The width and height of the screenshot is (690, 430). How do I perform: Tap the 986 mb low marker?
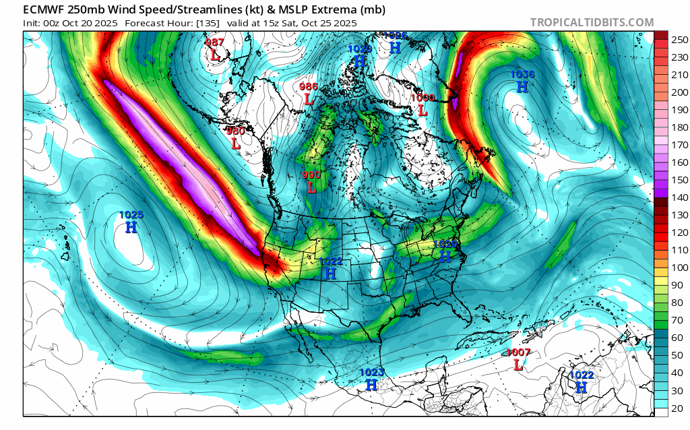pyautogui.click(x=309, y=87)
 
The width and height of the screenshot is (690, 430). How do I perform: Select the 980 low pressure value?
pyautogui.click(x=235, y=131)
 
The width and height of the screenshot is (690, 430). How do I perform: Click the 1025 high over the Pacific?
pyautogui.click(x=131, y=215)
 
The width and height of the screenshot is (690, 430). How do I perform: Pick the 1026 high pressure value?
pyautogui.click(x=396, y=36)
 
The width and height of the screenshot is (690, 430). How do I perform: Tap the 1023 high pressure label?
pyautogui.click(x=371, y=372)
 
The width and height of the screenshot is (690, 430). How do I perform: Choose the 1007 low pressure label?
pyautogui.click(x=518, y=352)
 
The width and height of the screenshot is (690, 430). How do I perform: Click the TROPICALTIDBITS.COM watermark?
pyautogui.click(x=592, y=22)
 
